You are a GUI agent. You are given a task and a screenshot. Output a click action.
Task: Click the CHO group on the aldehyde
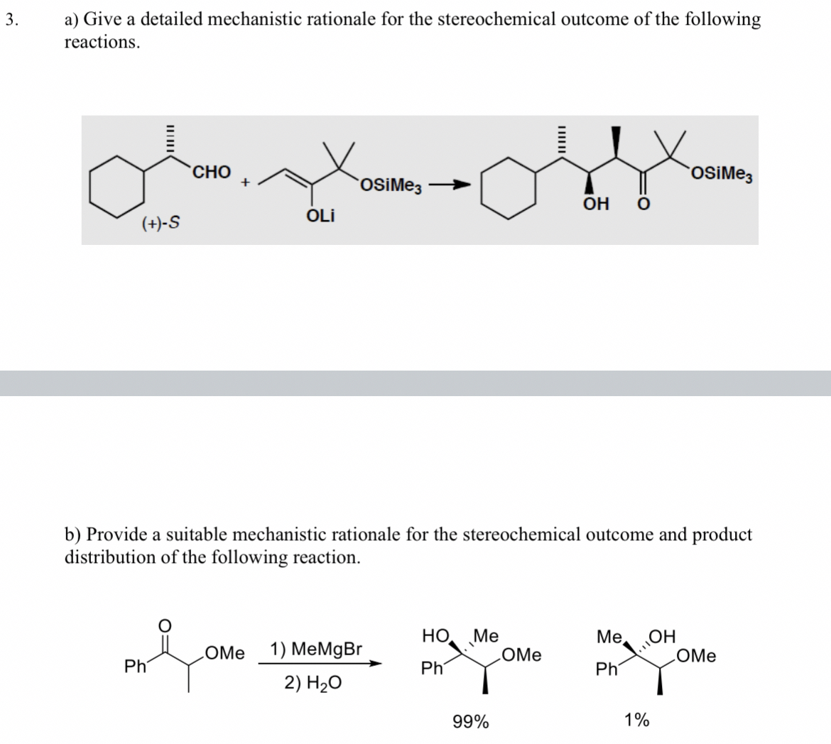211,173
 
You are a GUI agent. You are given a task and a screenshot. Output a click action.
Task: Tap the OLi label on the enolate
321,215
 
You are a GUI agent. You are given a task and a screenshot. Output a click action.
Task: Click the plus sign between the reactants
244,182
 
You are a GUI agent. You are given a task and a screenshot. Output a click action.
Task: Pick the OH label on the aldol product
595,204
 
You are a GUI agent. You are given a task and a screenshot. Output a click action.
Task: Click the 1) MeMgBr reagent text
316,649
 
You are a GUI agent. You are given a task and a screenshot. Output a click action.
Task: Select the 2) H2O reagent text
313,683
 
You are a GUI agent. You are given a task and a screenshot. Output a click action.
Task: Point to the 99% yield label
470,722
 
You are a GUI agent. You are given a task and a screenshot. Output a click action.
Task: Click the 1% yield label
636,721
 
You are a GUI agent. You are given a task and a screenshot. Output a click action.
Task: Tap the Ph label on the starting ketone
133,667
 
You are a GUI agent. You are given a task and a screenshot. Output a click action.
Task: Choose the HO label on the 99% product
435,635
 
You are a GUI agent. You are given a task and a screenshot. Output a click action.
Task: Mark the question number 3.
9,19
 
